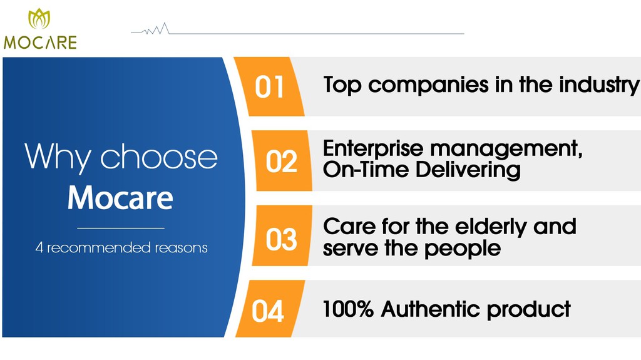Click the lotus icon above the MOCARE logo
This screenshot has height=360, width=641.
[x=39, y=18]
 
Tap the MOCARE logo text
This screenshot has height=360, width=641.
[x=40, y=43]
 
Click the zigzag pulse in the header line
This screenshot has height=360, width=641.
[x=156, y=29]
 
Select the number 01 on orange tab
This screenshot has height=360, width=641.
[x=269, y=87]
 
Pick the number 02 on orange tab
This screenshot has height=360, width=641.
[x=281, y=161]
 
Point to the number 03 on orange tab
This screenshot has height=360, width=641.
[x=281, y=239]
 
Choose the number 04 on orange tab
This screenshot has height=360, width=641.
[x=268, y=311]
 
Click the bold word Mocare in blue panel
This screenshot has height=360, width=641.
[x=120, y=198]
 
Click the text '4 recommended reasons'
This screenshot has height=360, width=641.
[x=121, y=247]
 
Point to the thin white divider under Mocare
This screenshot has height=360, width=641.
[x=121, y=228]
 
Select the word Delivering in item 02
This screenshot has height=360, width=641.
[x=468, y=170]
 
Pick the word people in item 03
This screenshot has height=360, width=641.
[x=463, y=249]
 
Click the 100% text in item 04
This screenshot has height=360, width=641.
[x=348, y=309]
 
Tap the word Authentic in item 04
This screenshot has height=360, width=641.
[x=430, y=309]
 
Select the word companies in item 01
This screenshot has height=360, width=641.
[x=428, y=86]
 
